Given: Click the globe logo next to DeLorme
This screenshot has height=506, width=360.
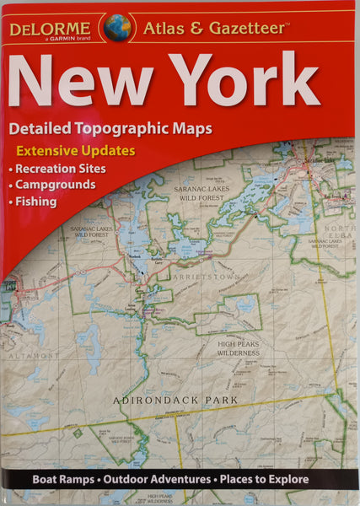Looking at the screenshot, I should pyautogui.click(x=117, y=28).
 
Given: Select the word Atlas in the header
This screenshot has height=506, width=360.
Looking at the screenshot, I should pyautogui.click(x=162, y=29).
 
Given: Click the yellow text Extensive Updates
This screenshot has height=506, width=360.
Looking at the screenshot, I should pyautogui.click(x=74, y=152).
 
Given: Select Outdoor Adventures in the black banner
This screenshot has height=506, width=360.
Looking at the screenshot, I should pyautogui.click(x=156, y=479).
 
